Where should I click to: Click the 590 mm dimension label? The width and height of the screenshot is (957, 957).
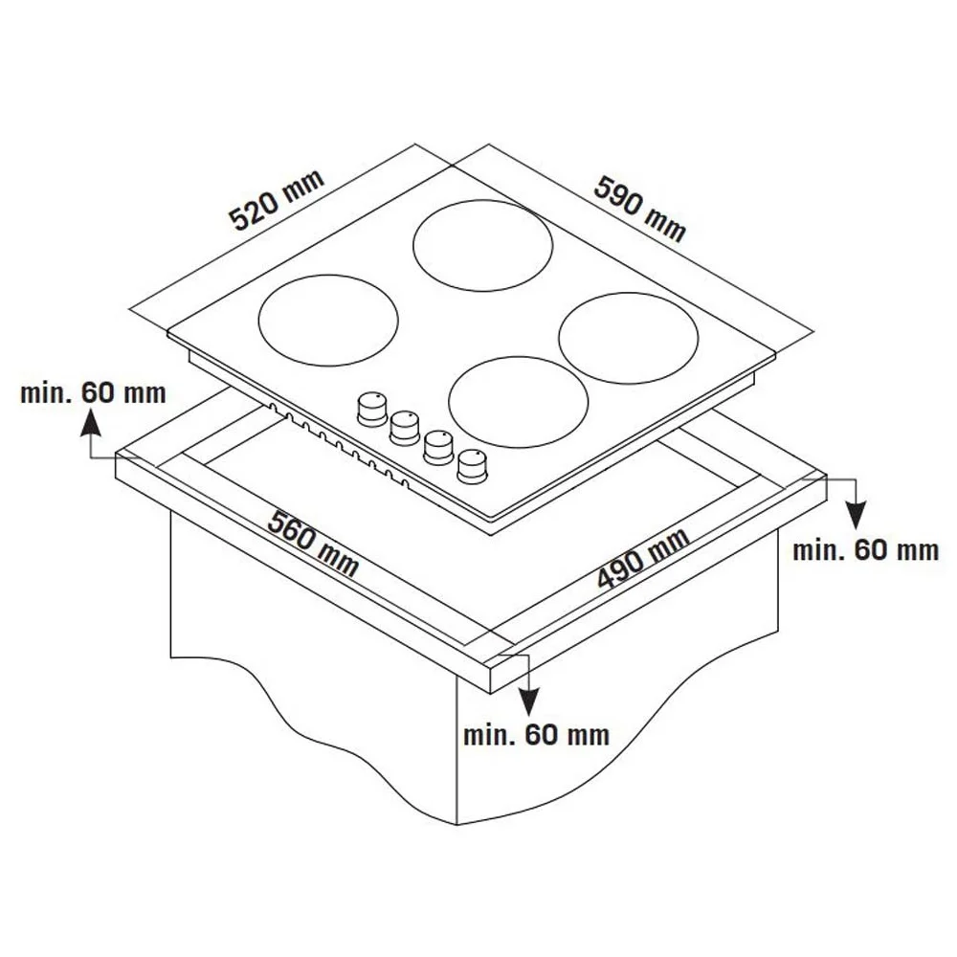640,208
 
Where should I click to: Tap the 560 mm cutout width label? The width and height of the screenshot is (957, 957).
314,544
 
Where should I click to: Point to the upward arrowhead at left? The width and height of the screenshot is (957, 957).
90,421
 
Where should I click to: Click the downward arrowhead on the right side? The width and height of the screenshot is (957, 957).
857,517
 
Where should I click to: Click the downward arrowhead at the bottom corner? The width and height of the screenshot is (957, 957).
529,701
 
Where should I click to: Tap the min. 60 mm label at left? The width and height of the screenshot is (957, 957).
93,392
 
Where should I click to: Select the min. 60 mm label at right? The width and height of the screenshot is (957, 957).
865,550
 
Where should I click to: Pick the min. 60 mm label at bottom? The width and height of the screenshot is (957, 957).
537,735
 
